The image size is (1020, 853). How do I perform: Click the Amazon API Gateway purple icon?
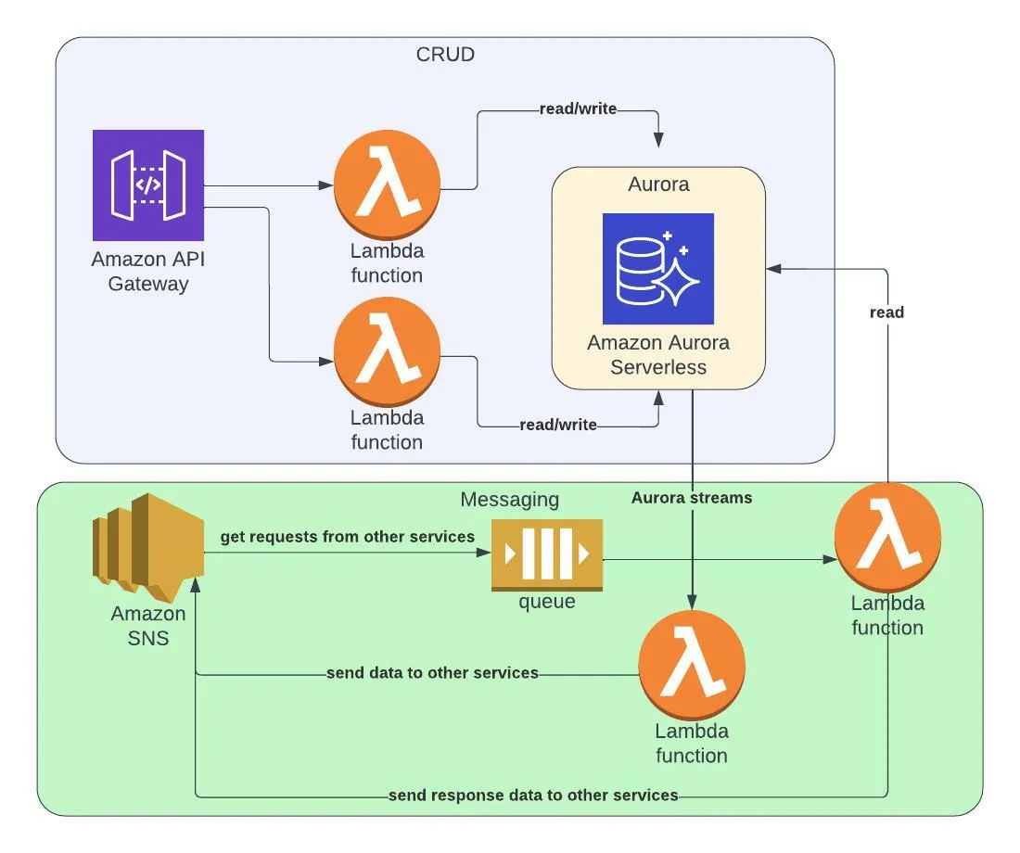(x=148, y=185)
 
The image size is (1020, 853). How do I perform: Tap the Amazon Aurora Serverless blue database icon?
(x=658, y=269)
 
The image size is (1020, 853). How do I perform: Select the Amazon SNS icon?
(x=148, y=547)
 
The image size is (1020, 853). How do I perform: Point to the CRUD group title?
(x=445, y=54)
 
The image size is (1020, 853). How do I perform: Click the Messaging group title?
(x=510, y=500)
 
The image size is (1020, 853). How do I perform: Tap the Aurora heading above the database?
(x=658, y=184)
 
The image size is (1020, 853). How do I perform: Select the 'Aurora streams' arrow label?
(x=692, y=498)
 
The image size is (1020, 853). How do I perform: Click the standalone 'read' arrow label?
(x=886, y=312)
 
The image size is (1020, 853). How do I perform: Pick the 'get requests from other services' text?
(x=348, y=537)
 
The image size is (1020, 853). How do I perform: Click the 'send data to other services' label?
(x=432, y=672)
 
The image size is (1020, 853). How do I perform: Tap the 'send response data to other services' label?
(x=533, y=795)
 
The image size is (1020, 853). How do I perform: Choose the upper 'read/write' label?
(x=578, y=109)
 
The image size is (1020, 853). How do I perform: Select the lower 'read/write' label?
(x=558, y=425)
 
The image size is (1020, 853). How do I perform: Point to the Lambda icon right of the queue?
(x=887, y=536)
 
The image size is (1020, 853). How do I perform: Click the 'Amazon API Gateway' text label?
(x=148, y=271)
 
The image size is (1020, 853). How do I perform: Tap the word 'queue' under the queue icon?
(x=547, y=602)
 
